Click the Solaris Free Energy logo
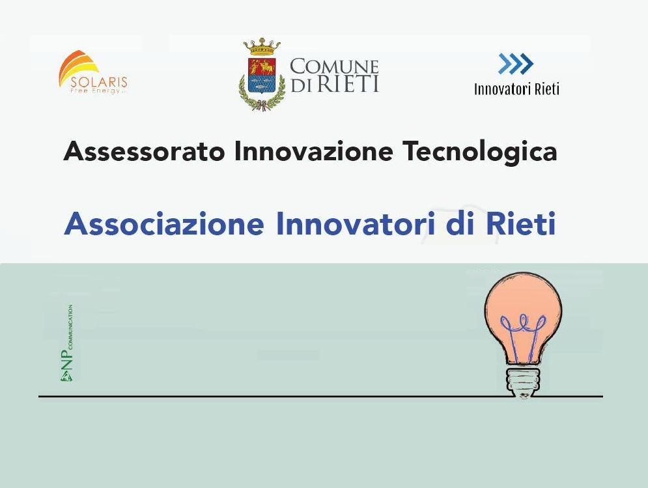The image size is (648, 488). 93,72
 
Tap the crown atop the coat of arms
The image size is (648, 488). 262,48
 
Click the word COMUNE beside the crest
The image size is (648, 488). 334,66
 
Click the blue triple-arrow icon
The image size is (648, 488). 515,64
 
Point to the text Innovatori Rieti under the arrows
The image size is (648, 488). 516,89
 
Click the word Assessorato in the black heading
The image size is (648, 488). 144,151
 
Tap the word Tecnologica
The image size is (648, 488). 480,152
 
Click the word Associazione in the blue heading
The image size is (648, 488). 164,223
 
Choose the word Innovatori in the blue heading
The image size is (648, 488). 356,223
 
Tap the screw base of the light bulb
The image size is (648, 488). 524,381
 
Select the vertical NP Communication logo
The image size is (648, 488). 67,343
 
